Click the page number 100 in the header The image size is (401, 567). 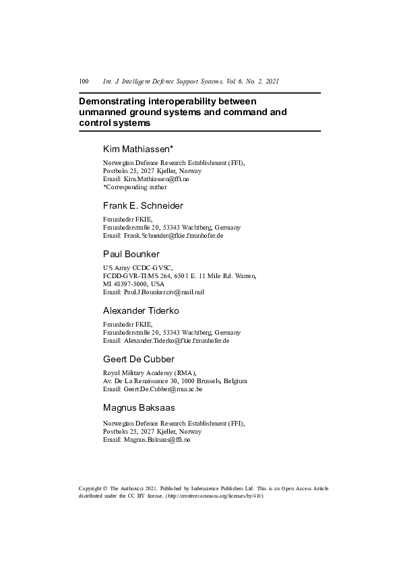84,81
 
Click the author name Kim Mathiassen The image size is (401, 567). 137,148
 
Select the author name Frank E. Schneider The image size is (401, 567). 142,205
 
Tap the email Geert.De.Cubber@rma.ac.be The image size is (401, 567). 163,389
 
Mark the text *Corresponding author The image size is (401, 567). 135,187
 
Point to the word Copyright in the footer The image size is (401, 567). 90,488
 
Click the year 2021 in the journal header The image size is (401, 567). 272,81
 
